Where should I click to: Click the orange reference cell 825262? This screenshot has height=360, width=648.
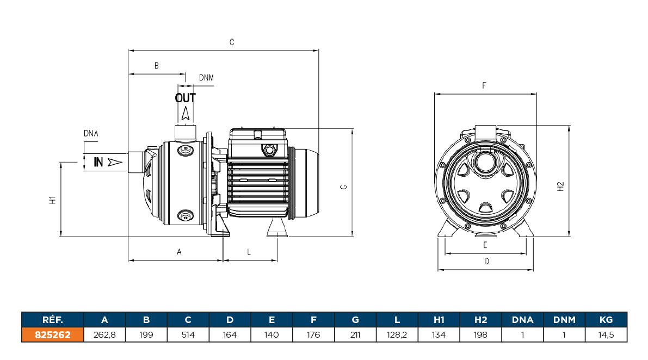point(53,334)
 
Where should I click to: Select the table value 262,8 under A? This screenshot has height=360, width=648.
point(105,334)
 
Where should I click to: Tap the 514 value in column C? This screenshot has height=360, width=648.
point(188,334)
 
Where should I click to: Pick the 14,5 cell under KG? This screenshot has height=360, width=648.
point(606,334)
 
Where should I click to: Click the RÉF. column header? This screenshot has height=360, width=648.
point(53,320)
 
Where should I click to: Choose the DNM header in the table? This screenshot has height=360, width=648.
point(564,320)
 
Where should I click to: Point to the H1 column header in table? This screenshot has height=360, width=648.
point(439,320)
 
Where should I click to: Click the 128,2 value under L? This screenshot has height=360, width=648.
point(397,334)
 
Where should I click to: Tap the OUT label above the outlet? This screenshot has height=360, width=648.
point(185,98)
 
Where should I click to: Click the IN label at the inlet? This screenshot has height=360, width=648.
point(98,162)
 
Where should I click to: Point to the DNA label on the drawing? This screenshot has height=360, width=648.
point(91,133)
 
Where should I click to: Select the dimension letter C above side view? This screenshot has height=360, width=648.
point(232,42)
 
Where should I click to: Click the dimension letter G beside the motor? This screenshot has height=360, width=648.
point(343,187)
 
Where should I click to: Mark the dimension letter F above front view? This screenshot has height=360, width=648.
point(484,85)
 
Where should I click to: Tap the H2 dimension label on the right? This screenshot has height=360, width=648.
point(561,187)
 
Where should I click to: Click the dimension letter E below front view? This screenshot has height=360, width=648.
point(485,245)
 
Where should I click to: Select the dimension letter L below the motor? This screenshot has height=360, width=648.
point(249,252)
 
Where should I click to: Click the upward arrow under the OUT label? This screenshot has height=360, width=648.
point(186,114)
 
